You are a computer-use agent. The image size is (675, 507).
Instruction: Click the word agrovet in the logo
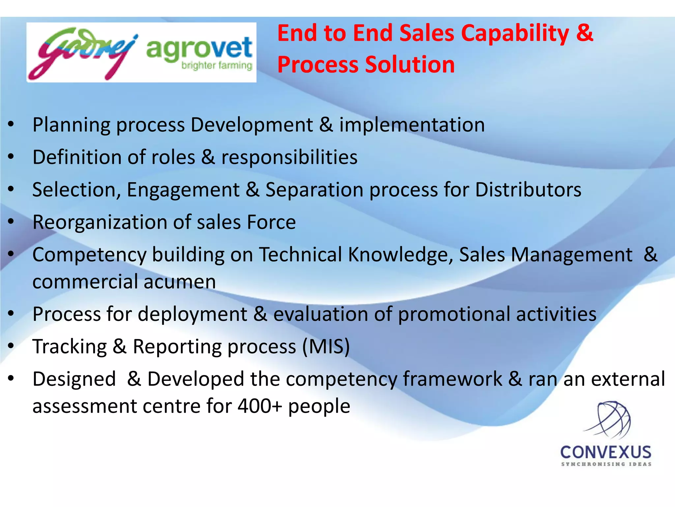pyautogui.click(x=199, y=49)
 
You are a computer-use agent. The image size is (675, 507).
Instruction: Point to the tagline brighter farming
pyautogui.click(x=217, y=65)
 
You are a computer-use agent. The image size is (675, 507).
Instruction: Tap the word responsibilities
pyautogui.click(x=289, y=157)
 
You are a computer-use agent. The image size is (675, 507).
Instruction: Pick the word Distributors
pyautogui.click(x=528, y=190)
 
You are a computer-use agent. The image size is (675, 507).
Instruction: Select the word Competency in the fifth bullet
pyautogui.click(x=89, y=255)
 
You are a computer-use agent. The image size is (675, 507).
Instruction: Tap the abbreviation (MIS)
pyautogui.click(x=326, y=347)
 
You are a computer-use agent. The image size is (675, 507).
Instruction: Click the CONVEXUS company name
pyautogui.click(x=606, y=453)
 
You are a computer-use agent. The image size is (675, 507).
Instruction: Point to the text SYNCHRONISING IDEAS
pyautogui.click(x=606, y=464)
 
